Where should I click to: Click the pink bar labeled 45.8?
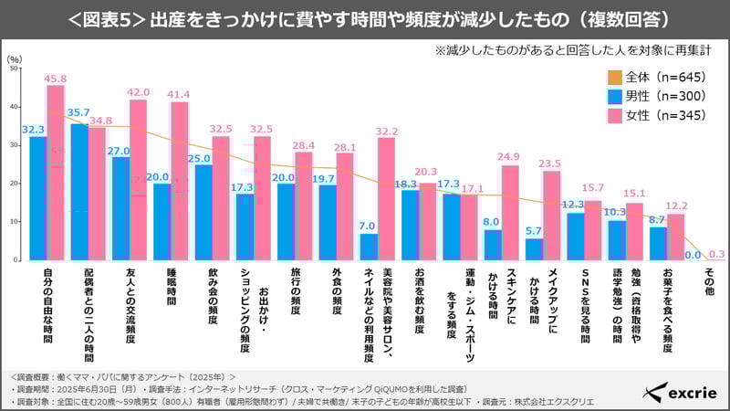click(x=56, y=173)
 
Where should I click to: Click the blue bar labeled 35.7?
click(x=79, y=192)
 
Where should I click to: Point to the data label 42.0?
click(x=138, y=92)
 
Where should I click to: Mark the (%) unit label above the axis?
click(x=14, y=58)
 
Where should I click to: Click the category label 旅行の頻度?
click(x=295, y=292)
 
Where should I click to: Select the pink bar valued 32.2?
click(x=386, y=198)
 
